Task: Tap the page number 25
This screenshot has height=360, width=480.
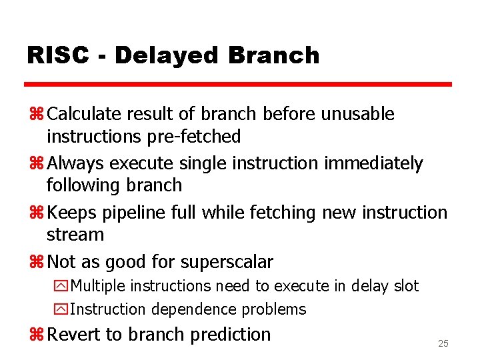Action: coord(443,343)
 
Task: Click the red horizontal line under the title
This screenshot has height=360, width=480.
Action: coord(238,85)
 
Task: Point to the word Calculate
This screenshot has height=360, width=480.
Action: coord(87,114)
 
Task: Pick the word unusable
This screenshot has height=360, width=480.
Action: coord(358,114)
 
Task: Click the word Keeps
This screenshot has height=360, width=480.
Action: coord(72,213)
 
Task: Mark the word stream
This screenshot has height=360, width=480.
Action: coord(75,235)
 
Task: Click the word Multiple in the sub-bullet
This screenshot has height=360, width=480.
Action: coord(98,286)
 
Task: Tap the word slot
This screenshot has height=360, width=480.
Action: coord(404,286)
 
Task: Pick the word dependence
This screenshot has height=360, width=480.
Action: coord(194,309)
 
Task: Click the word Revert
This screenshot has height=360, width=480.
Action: coord(73,334)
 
